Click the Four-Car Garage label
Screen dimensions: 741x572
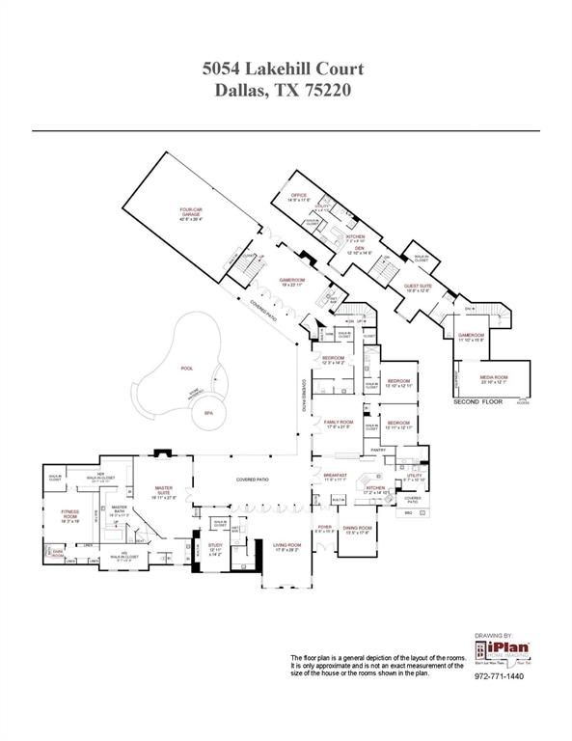pyautogui.click(x=190, y=212)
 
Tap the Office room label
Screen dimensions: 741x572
pyautogui.click(x=299, y=195)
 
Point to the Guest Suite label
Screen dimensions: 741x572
pyautogui.click(x=418, y=287)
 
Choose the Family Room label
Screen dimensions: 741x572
pyautogui.click(x=338, y=423)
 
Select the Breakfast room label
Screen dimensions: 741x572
pyautogui.click(x=335, y=475)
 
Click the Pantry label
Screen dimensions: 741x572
pyautogui.click(x=377, y=449)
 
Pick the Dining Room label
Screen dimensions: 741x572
pyautogui.click(x=358, y=528)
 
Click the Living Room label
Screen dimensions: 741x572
pyautogui.click(x=286, y=545)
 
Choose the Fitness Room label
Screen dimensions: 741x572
pyautogui.click(x=70, y=512)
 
